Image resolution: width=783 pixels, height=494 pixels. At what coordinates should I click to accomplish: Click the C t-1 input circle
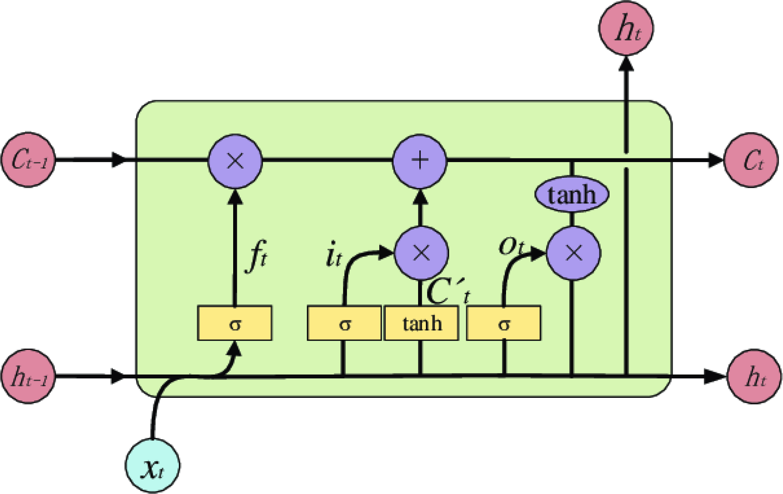[28, 160]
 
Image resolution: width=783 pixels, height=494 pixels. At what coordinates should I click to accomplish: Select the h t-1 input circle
[28, 376]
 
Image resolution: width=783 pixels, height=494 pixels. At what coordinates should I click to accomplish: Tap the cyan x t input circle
[152, 465]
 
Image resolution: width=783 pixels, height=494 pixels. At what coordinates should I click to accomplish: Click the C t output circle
[751, 160]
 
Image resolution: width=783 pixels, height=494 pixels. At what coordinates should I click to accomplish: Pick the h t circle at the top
[626, 28]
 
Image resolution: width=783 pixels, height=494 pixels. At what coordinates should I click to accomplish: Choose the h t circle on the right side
[754, 376]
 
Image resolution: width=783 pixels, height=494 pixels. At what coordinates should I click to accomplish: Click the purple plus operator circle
[420, 161]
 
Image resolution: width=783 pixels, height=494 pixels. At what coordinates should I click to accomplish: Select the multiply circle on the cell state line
[235, 161]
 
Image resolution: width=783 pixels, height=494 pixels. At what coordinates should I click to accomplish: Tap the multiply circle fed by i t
[421, 253]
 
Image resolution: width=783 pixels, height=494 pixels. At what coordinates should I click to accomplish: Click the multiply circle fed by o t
[574, 253]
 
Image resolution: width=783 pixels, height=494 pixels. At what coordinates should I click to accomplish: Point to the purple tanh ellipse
[571, 194]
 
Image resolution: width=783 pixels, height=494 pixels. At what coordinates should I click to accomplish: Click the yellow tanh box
[421, 323]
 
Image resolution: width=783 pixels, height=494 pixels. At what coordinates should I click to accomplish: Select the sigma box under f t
[234, 323]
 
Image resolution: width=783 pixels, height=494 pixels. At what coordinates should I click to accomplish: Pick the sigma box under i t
[344, 323]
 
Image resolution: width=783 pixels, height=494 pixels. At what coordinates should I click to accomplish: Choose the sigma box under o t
[503, 323]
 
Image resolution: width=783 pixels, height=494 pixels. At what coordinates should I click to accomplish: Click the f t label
[257, 256]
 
